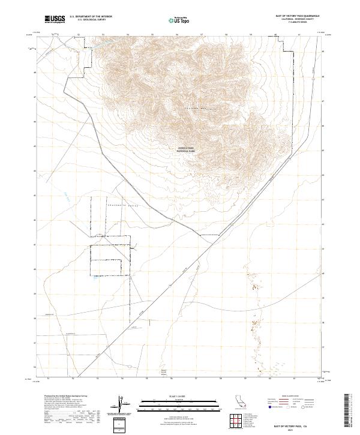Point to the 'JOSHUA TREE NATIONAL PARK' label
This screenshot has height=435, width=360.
point(187,151)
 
